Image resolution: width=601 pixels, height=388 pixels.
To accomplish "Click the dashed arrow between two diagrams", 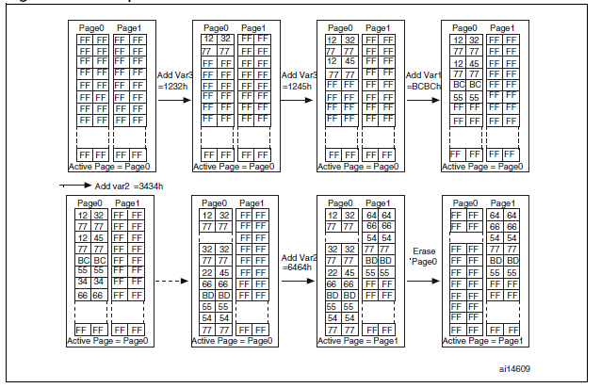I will (171, 281).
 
